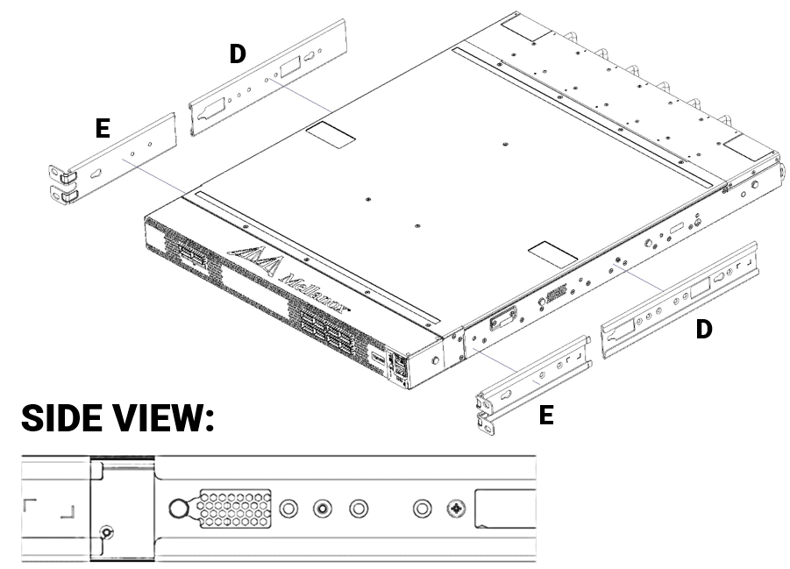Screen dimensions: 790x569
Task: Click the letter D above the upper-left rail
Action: click(x=238, y=54)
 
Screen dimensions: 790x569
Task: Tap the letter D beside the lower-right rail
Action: click(x=704, y=329)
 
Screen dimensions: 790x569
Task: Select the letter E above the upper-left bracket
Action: click(x=103, y=128)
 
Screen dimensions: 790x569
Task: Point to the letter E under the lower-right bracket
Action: click(x=546, y=416)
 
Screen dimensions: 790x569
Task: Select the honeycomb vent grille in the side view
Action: click(x=235, y=508)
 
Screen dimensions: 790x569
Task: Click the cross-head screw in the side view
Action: click(x=457, y=509)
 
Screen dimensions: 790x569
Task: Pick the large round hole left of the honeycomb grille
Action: click(x=178, y=509)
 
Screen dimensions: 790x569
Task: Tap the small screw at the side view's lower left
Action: click(x=106, y=532)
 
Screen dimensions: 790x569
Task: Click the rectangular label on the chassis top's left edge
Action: click(x=331, y=134)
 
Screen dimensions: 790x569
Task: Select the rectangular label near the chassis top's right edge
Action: click(x=552, y=254)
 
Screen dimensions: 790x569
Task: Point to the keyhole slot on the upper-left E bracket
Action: click(x=96, y=174)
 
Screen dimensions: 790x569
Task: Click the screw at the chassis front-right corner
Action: click(x=436, y=360)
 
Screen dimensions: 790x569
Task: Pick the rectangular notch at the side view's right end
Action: click(x=505, y=509)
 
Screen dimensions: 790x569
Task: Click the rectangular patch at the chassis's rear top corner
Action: click(x=527, y=28)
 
